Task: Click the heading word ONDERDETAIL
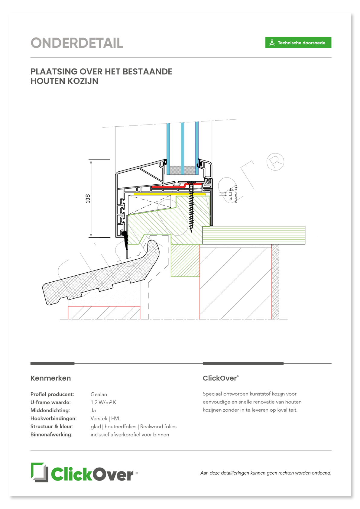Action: [x=77, y=43]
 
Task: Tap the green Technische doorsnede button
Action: [x=298, y=43]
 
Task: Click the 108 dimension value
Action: [x=88, y=198]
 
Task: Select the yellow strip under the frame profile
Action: [x=170, y=194]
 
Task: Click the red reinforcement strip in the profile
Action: [x=176, y=186]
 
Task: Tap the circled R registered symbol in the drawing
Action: [x=275, y=162]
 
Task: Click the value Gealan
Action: [x=99, y=394]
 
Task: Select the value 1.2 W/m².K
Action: [x=103, y=402]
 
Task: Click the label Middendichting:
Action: [x=50, y=410]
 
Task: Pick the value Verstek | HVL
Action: [x=105, y=418]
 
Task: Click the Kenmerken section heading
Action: [x=51, y=378]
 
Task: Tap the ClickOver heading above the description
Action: [x=220, y=378]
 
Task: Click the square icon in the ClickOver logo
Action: [x=40, y=472]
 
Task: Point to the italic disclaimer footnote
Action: [x=266, y=473]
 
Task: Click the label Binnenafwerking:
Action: [x=51, y=434]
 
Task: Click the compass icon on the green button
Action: [x=272, y=43]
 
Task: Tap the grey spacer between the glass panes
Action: [x=182, y=170]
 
